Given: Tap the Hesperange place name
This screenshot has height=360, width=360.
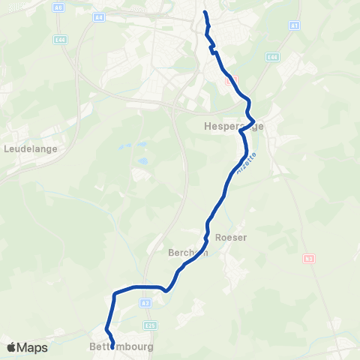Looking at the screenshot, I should point(233,127).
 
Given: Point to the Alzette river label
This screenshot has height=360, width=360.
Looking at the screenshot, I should point(244,164).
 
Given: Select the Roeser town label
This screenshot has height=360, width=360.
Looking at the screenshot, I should point(231,237).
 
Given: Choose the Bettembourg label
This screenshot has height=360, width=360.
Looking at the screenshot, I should point(121,348).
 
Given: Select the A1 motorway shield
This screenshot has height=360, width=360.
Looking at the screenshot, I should point(295,25).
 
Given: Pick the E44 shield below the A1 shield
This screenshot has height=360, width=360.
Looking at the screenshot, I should point(272,57).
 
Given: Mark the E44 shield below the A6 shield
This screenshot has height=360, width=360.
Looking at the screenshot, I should point(61,39).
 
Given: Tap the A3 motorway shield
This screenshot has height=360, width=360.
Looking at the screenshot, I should point(145,303).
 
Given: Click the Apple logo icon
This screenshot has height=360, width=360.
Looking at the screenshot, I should point(11,347).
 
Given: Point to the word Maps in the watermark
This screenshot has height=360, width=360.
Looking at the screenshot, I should point(33,348).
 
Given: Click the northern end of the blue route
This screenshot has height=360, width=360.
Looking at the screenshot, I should point(205,12).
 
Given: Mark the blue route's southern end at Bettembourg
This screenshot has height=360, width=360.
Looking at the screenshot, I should point(112,347).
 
